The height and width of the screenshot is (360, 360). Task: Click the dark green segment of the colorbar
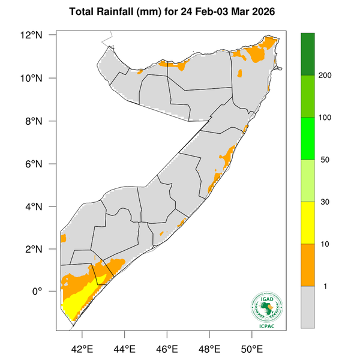[308, 54]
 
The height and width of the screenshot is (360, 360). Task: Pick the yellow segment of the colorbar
[308, 223]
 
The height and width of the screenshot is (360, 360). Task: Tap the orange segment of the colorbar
[308, 265]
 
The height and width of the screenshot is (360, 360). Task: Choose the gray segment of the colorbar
[308, 307]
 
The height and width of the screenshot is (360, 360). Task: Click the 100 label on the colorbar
[325, 118]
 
